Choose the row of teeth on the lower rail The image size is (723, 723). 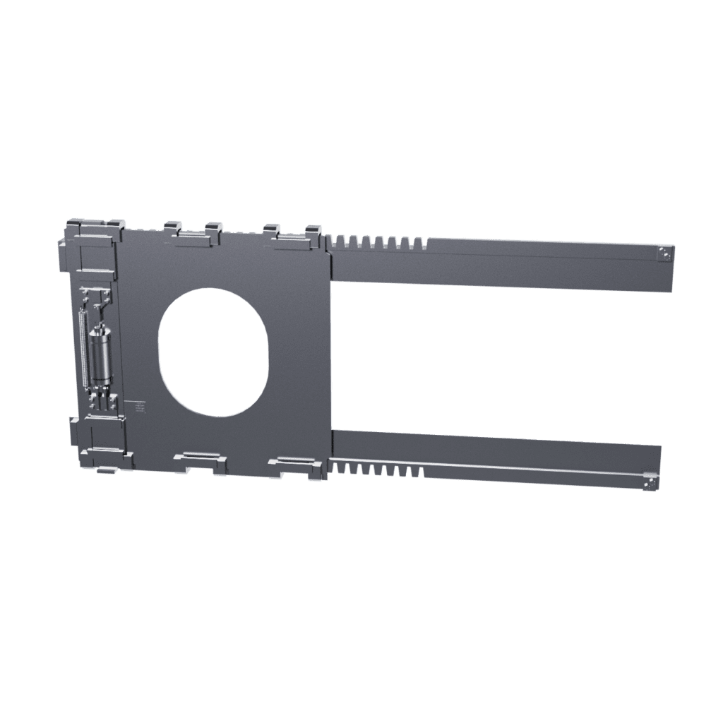coord(378,469)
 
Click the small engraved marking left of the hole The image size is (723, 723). coord(139,407)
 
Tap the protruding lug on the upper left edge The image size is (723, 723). coord(62,250)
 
